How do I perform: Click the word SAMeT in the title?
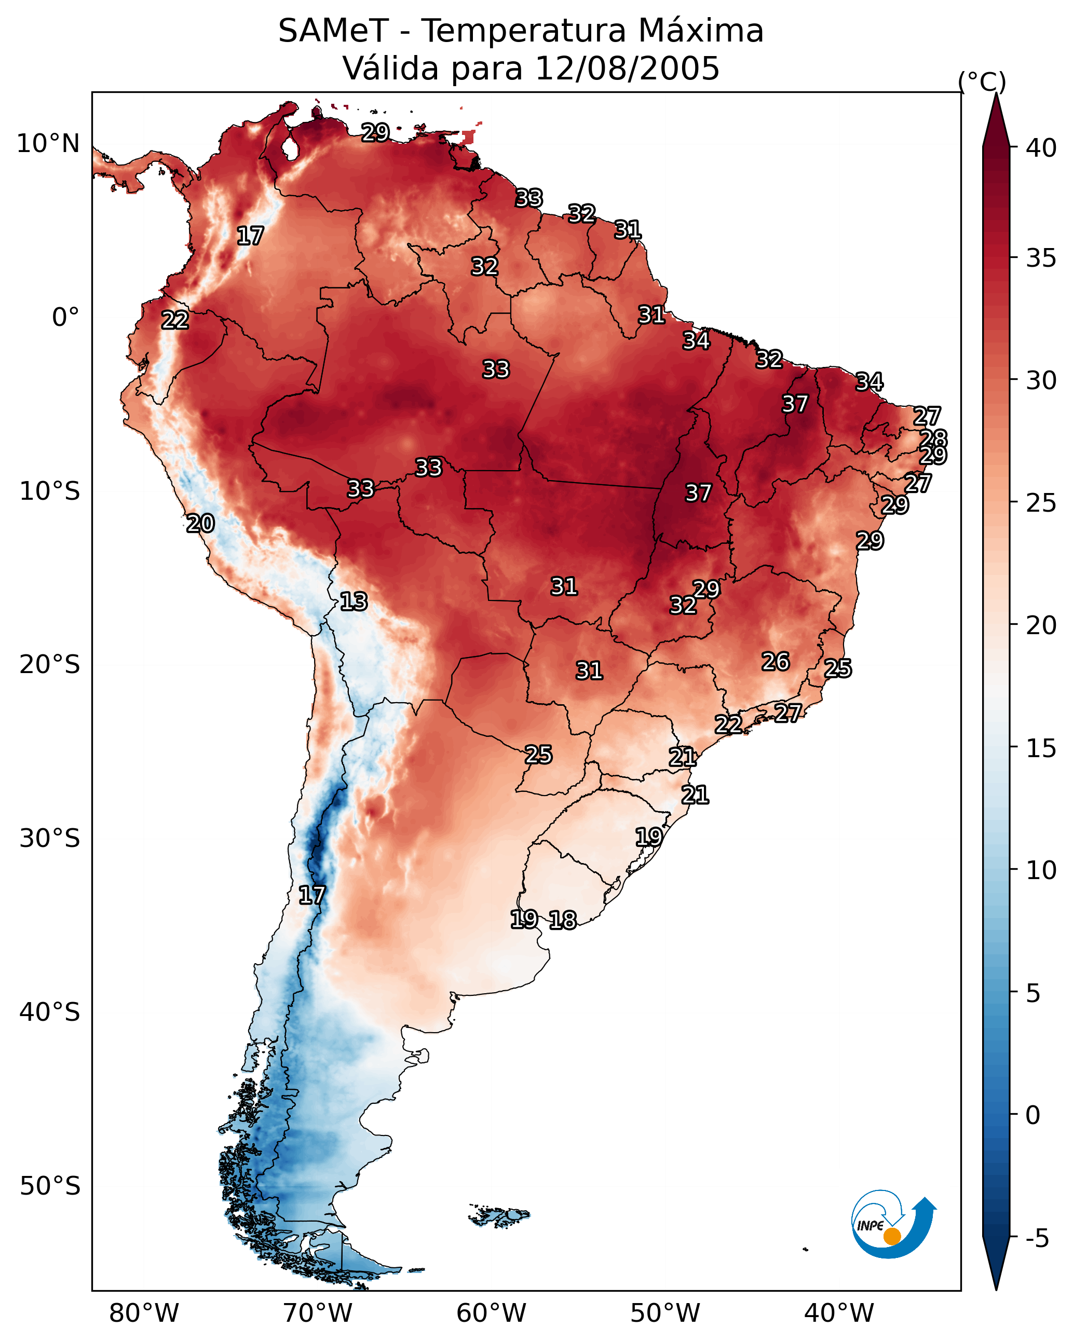point(333,31)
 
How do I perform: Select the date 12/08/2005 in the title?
point(627,69)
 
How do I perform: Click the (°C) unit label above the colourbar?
point(982,81)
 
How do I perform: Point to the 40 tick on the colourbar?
point(1041,148)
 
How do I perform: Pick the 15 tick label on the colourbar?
point(1041,748)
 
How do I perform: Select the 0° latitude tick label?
point(66,318)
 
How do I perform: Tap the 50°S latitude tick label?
point(50,1186)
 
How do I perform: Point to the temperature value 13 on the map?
point(354,601)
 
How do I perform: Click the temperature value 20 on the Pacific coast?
point(200,524)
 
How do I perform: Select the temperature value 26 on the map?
point(776,662)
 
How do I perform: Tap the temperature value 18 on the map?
point(563,920)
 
